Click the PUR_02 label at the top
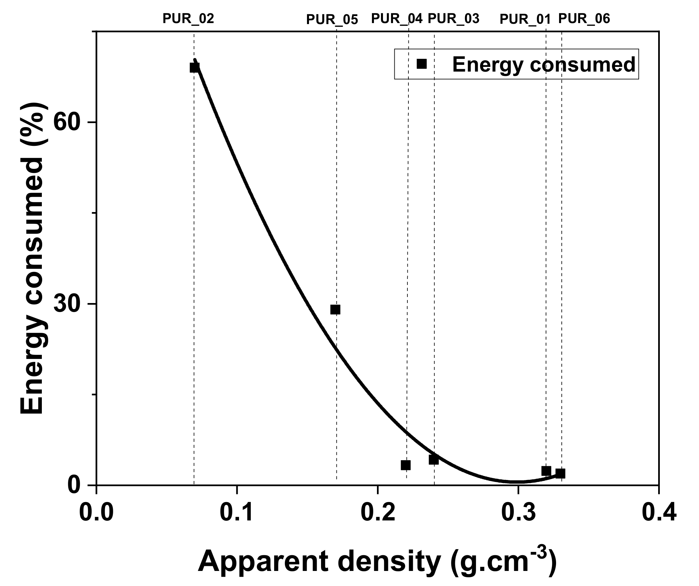click(x=188, y=19)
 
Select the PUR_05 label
click(x=332, y=20)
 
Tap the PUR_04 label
click(x=397, y=18)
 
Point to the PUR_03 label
click(x=454, y=18)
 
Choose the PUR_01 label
click(x=525, y=19)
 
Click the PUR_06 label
click(x=584, y=19)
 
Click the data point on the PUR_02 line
click(x=195, y=68)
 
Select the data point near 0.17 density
click(x=335, y=310)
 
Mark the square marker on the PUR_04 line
click(x=405, y=465)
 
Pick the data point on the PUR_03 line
click(x=434, y=460)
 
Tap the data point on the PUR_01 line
click(x=546, y=471)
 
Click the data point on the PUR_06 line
click(x=560, y=473)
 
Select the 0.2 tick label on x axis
click(x=377, y=514)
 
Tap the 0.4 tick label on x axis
click(x=658, y=514)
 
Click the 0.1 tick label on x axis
click(x=237, y=514)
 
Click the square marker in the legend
click(x=422, y=64)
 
